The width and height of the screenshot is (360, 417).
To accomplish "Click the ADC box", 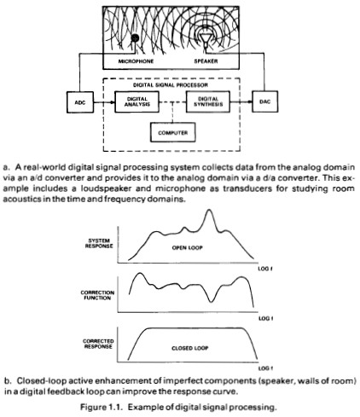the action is [80, 102].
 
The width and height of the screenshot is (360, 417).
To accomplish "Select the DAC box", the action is [264, 101].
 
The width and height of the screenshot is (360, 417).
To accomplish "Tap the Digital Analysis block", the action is [136, 101].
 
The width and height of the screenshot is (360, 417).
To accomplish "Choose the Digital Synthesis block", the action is [208, 101].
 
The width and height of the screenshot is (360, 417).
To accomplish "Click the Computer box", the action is [172, 132].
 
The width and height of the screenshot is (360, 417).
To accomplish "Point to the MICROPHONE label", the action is [136, 61].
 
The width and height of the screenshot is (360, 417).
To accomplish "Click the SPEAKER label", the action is [206, 61].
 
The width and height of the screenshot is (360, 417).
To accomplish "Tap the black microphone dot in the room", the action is [135, 38].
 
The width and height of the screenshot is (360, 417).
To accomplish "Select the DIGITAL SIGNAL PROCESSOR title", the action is [171, 85].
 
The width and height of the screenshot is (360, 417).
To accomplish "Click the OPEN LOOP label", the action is [187, 248].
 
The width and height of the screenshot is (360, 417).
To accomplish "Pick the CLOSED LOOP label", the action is [190, 348].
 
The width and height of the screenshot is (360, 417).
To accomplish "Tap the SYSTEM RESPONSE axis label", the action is [99, 243].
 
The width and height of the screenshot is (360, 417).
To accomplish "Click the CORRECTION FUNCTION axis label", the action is [97, 295].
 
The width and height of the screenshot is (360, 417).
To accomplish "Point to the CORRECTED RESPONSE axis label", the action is [98, 344].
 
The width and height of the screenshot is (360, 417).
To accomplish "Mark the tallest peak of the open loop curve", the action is [209, 210].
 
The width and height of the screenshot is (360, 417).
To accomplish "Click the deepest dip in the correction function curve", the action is [211, 302].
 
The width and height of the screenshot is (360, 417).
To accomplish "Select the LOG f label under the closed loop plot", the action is [265, 368].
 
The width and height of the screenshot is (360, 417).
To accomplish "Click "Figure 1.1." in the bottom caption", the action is [102, 408].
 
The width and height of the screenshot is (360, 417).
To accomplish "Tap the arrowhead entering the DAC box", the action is [249, 101].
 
